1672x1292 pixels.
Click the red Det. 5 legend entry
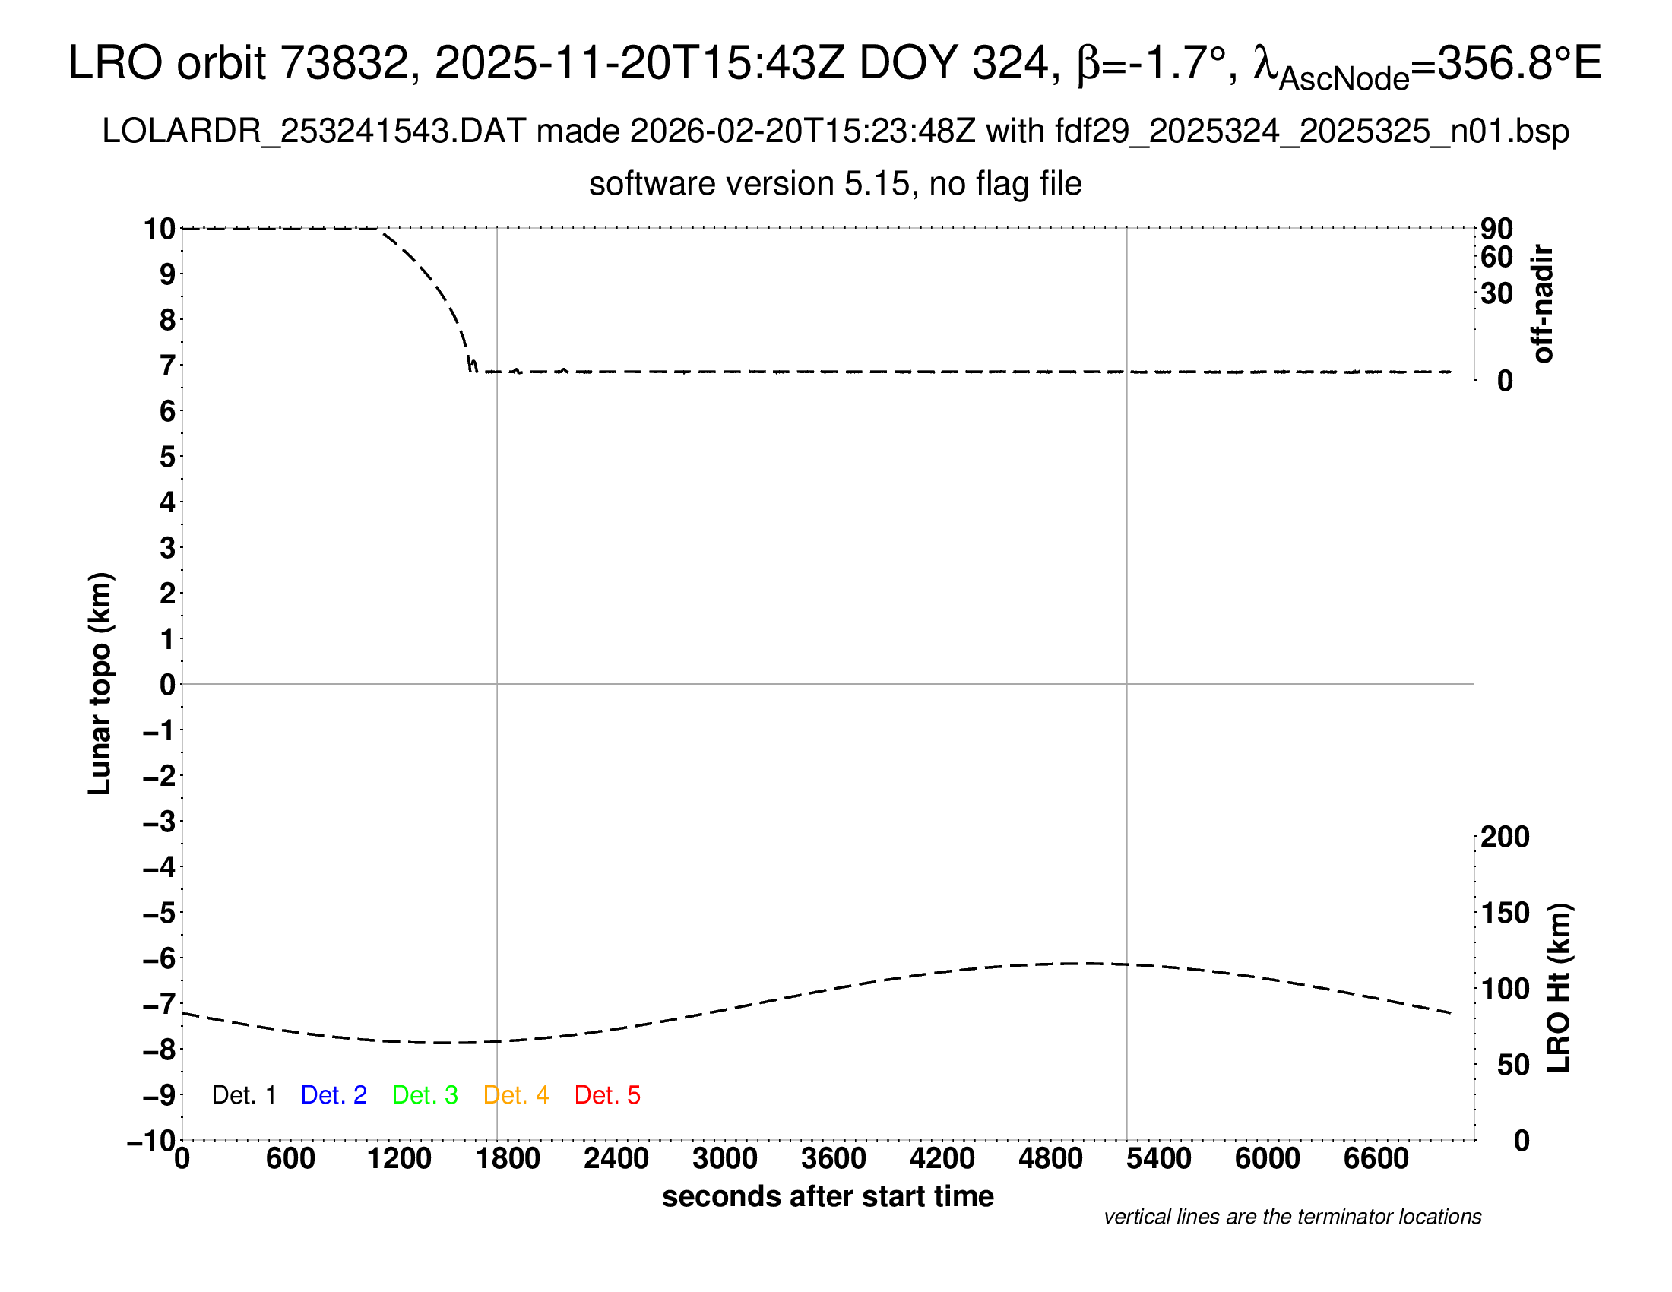(607, 1095)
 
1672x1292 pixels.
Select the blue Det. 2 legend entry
(334, 1095)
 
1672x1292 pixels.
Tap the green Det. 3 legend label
(425, 1095)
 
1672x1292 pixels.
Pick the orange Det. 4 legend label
(516, 1095)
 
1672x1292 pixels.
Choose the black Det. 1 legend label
(243, 1095)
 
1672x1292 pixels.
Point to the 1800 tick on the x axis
(508, 1159)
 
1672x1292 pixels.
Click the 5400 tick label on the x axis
(1159, 1159)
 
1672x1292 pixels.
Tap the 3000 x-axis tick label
(725, 1159)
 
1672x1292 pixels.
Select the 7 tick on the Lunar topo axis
(167, 366)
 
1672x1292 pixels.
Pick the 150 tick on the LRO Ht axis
(1505, 913)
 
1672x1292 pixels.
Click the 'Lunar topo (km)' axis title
(100, 683)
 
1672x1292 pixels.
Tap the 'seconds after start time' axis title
(828, 1196)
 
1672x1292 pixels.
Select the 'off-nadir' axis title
(1543, 304)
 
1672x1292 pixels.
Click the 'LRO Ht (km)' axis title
(1559, 988)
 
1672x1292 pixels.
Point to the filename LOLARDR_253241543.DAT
(314, 131)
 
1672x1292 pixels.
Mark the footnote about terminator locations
(1292, 1217)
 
